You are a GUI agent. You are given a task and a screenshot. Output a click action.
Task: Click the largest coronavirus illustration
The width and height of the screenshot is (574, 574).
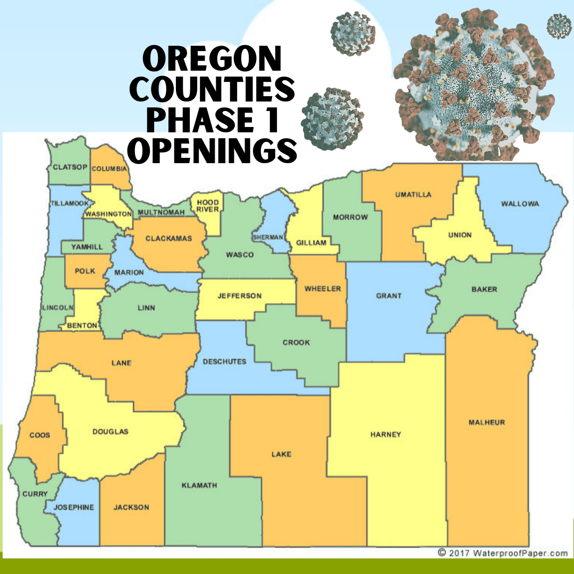(473, 85)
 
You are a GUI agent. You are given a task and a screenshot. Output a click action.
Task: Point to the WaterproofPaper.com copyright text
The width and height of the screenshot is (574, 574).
(502, 553)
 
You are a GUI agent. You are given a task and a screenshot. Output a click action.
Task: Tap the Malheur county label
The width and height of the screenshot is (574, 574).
(487, 423)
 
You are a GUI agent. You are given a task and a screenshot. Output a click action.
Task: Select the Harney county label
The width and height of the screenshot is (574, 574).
(386, 434)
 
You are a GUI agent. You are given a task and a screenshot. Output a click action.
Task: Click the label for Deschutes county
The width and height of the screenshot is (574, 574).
(225, 361)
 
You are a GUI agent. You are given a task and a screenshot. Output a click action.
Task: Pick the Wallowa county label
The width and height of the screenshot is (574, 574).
(520, 204)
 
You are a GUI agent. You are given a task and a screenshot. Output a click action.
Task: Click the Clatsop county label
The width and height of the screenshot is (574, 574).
(70, 167)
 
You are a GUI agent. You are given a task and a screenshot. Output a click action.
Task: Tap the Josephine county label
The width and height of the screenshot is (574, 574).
(74, 507)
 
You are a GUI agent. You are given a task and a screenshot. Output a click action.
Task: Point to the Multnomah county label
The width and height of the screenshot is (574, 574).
(161, 213)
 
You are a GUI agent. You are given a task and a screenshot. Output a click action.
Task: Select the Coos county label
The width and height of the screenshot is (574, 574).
(40, 435)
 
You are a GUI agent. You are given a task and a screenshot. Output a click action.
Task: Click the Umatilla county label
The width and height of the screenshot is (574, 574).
(413, 195)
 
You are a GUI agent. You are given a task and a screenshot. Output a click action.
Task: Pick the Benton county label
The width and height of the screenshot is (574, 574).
(82, 325)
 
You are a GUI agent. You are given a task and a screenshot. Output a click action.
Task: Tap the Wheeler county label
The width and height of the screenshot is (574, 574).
(323, 289)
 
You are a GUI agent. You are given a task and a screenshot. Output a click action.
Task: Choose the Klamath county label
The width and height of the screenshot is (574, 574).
(199, 485)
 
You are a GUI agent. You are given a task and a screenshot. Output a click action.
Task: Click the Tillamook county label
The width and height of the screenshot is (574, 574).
(69, 204)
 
